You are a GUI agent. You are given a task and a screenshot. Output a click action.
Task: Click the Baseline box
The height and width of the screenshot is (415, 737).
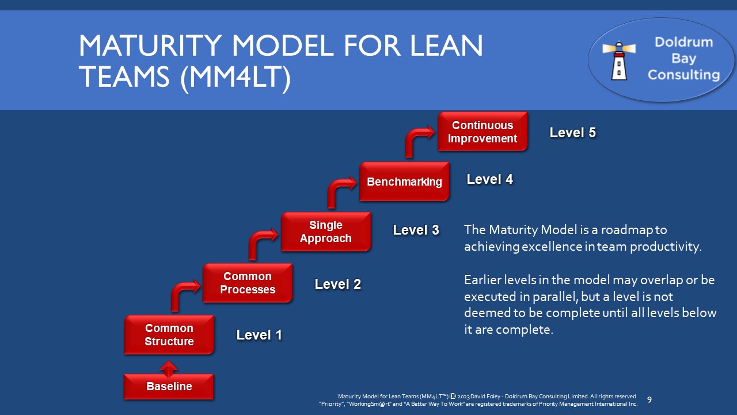point(169,386)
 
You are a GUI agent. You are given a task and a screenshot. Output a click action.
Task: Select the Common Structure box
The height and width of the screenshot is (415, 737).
point(169,334)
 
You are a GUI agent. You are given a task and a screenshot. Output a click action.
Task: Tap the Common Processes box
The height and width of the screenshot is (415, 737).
point(248,283)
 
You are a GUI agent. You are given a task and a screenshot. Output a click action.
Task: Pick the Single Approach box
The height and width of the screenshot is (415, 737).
point(326,232)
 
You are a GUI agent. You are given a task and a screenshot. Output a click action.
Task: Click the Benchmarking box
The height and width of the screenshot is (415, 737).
point(404,182)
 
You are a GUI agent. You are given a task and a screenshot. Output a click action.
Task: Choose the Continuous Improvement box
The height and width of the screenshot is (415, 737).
point(483,132)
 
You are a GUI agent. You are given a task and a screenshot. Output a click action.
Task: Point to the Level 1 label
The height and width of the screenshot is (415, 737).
point(259,335)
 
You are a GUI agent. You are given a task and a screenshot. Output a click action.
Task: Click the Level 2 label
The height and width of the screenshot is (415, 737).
point(337,284)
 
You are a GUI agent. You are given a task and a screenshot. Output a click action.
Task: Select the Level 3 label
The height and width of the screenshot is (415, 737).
point(416,230)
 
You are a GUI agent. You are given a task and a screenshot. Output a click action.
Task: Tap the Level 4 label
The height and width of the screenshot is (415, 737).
point(489,179)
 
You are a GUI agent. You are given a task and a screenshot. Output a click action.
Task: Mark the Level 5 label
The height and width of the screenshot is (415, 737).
point(572,133)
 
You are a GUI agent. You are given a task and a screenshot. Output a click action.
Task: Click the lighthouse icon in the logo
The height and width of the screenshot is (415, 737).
point(618,60)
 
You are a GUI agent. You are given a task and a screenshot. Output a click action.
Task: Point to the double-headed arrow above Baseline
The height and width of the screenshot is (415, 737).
point(169,368)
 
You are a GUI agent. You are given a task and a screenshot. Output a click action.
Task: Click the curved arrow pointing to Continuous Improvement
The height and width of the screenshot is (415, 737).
point(417,141)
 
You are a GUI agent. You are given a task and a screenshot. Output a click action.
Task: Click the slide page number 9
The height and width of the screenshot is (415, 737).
point(649,399)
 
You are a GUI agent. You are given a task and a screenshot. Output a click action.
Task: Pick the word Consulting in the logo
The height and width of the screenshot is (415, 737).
point(683,74)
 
